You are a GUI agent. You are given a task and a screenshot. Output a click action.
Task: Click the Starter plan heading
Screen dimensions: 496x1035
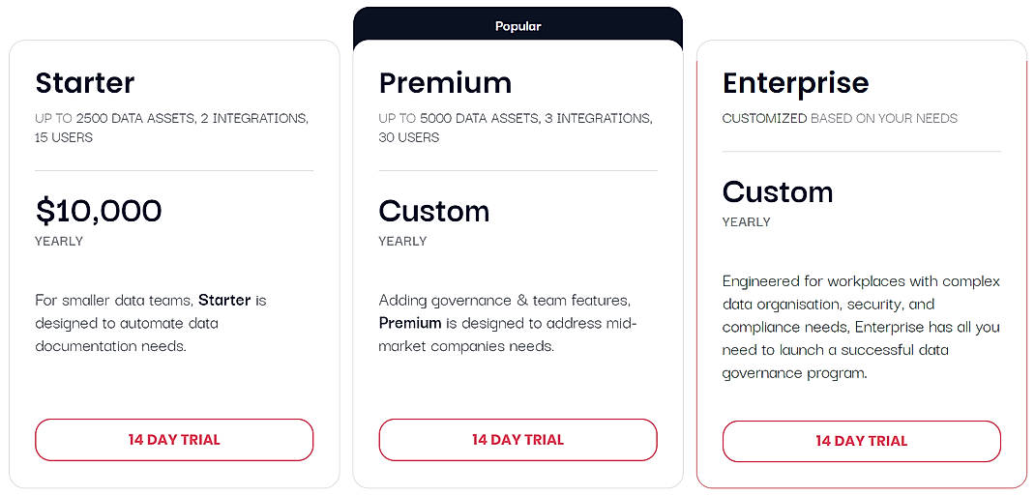(85, 83)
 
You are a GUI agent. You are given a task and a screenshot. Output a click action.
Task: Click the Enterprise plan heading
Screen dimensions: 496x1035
(795, 83)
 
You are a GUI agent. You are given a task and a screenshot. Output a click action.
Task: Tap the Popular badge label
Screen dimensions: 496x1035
(517, 26)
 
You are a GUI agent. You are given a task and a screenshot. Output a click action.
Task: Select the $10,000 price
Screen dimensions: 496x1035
(99, 211)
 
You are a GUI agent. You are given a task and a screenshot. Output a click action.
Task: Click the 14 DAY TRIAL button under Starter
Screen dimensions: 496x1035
(174, 440)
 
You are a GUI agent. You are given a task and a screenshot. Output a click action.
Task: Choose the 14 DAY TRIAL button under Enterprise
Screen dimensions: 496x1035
(861, 441)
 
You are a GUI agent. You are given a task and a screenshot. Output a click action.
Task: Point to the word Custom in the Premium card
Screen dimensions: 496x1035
(433, 211)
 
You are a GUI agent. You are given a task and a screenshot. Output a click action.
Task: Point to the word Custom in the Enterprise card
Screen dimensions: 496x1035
(777, 191)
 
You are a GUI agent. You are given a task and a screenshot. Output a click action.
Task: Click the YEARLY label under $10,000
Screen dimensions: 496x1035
(59, 241)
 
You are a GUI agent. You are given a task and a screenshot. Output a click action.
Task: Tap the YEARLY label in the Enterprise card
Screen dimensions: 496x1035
(746, 221)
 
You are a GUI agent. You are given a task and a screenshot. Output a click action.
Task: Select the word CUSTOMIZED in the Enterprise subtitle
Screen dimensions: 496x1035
(764, 118)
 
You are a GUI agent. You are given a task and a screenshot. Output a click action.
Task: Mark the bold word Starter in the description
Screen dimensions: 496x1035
(224, 300)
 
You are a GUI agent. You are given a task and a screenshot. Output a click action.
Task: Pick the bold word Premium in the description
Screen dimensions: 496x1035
(410, 323)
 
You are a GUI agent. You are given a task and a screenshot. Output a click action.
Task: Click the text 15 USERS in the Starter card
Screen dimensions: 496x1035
(64, 137)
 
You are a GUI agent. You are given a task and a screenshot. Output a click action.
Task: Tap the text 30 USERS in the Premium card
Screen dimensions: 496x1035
(408, 137)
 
